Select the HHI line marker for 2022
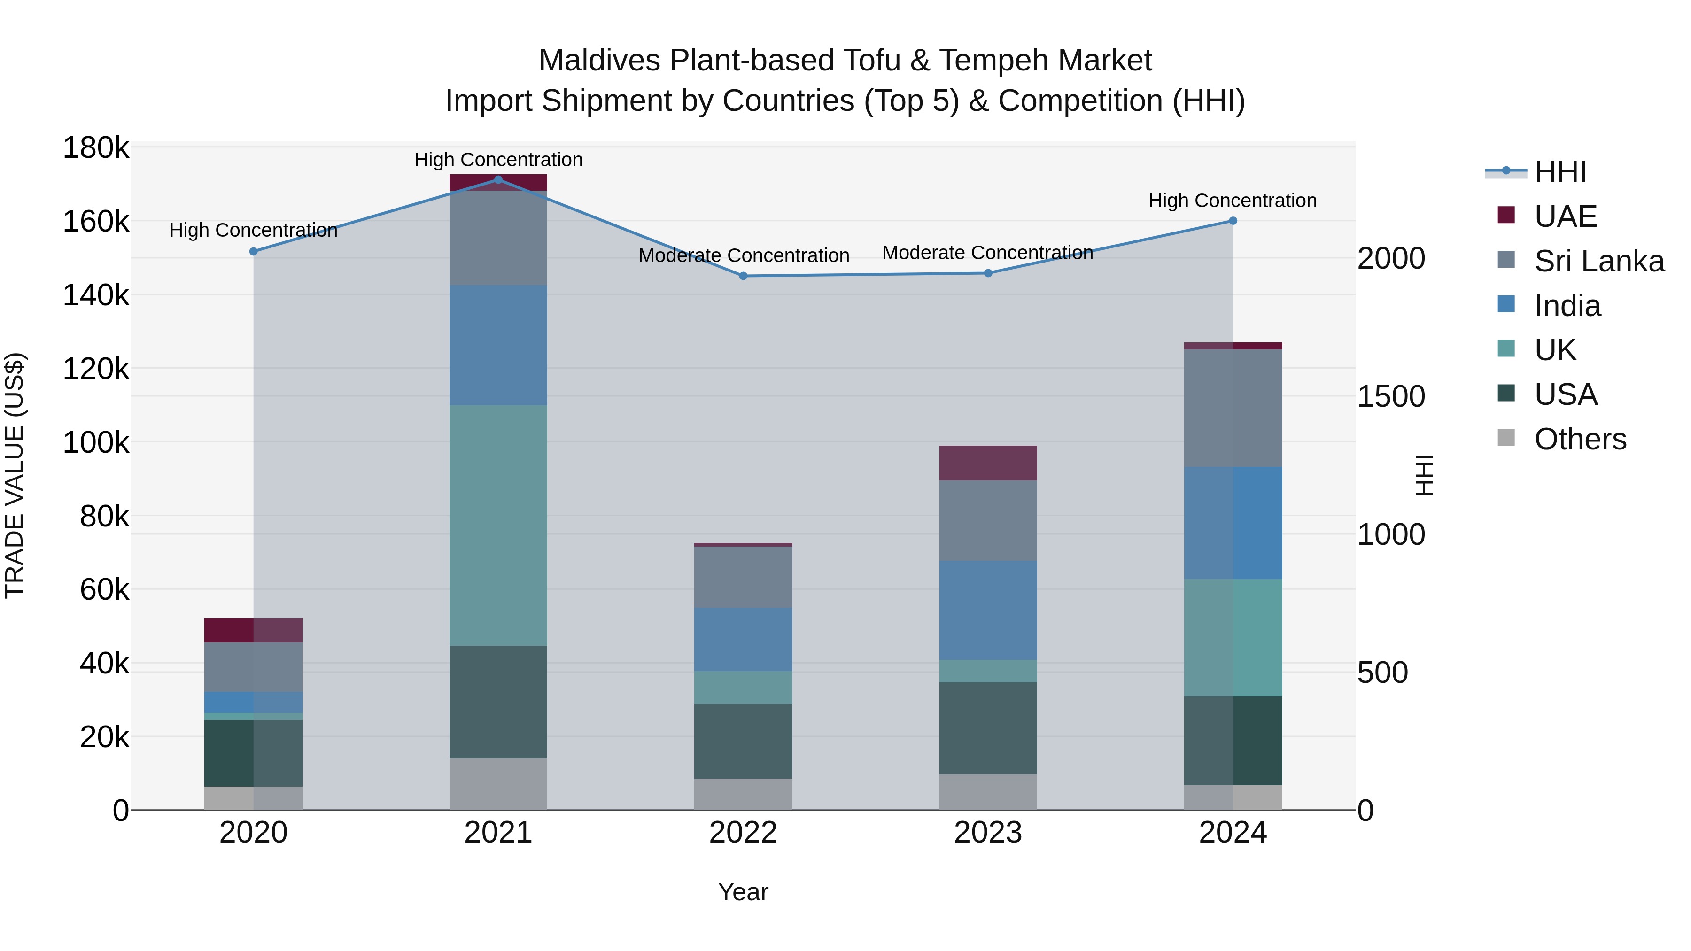pyautogui.click(x=743, y=276)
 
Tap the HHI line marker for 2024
pyautogui.click(x=1233, y=221)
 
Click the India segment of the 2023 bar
pyautogui.click(x=988, y=611)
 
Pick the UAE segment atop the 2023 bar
pyautogui.click(x=988, y=464)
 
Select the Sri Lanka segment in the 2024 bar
pyautogui.click(x=1233, y=408)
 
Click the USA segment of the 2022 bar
pyautogui.click(x=743, y=742)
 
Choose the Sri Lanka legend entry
pyautogui.click(x=1598, y=261)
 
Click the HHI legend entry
pyautogui.click(x=1559, y=172)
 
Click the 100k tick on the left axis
pyautogui.click(x=96, y=443)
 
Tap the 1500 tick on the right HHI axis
pyautogui.click(x=1391, y=396)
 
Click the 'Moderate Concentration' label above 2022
pyautogui.click(x=744, y=255)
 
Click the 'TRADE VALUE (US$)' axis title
pyautogui.click(x=15, y=475)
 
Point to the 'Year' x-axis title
pyautogui.click(x=743, y=892)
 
